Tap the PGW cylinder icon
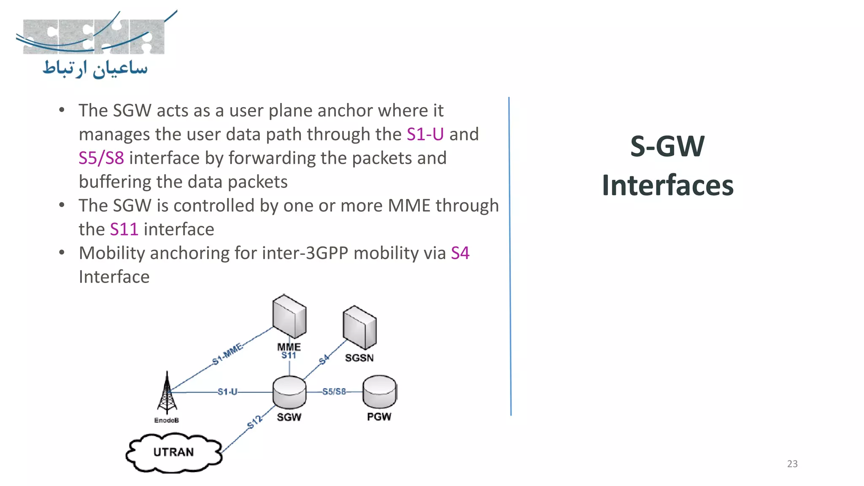coord(379,391)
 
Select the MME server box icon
coord(289,316)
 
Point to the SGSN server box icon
coord(359,327)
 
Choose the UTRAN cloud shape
coord(174,452)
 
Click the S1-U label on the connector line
coord(227,392)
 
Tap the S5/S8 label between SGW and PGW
coord(334,391)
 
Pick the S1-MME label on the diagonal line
coord(228,354)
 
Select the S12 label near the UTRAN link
coord(255,422)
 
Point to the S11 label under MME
coord(289,356)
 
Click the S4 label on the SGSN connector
coord(324,360)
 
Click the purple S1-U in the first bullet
coord(425,134)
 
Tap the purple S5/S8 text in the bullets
coord(101,158)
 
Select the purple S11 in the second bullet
coord(124,229)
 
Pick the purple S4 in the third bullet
coord(460,253)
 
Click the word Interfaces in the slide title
coord(667,185)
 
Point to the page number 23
coord(792,464)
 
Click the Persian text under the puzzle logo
coord(95,69)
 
